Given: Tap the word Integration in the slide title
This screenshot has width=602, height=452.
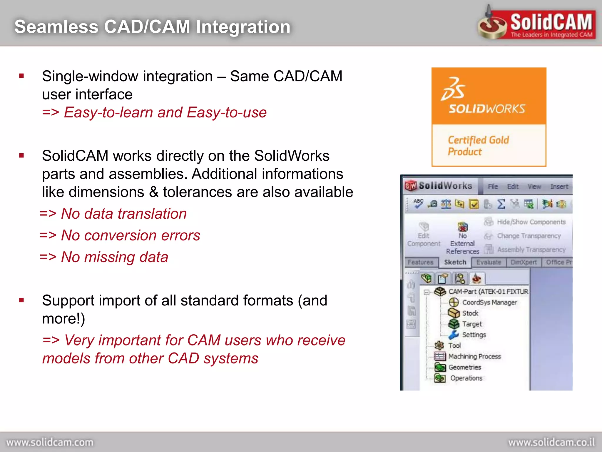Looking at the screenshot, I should tap(243, 27).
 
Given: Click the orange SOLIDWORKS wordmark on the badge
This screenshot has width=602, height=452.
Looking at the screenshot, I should tap(487, 109).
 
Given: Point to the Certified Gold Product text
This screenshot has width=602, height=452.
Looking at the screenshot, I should tap(478, 146).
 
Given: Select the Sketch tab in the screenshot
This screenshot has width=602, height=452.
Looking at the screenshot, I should tap(455, 262).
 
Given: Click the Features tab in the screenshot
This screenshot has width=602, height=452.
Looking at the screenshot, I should tap(421, 262).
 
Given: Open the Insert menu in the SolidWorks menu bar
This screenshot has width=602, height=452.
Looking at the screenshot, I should tap(559, 187).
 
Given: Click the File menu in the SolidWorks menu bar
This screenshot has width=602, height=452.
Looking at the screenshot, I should tap(493, 187).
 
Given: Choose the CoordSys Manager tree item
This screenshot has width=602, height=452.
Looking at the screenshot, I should tap(489, 303).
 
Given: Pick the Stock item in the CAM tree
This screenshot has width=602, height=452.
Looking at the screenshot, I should tap(470, 313).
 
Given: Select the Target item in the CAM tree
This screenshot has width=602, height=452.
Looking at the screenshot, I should tap(472, 324).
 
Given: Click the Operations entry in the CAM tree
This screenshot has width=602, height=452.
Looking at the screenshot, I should tap(466, 378).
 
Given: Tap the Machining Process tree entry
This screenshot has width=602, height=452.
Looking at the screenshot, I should tap(474, 356).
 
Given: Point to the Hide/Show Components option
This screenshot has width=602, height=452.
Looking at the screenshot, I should tap(531, 222).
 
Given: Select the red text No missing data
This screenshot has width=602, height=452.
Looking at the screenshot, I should tap(114, 257).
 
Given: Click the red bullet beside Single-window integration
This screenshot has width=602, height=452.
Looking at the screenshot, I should tap(21, 76).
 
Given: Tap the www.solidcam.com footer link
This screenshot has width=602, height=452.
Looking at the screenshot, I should tap(50, 442).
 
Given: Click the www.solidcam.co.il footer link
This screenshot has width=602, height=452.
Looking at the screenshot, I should tap(551, 442).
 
